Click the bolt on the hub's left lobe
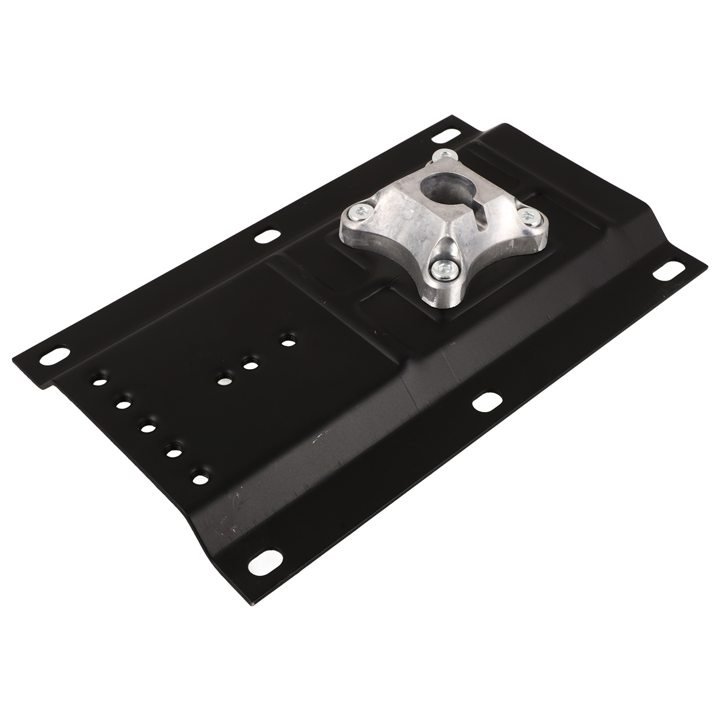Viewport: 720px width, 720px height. [x=362, y=209]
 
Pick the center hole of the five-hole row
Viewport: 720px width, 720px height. [x=147, y=427]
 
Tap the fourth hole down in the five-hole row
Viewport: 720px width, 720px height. [x=172, y=451]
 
